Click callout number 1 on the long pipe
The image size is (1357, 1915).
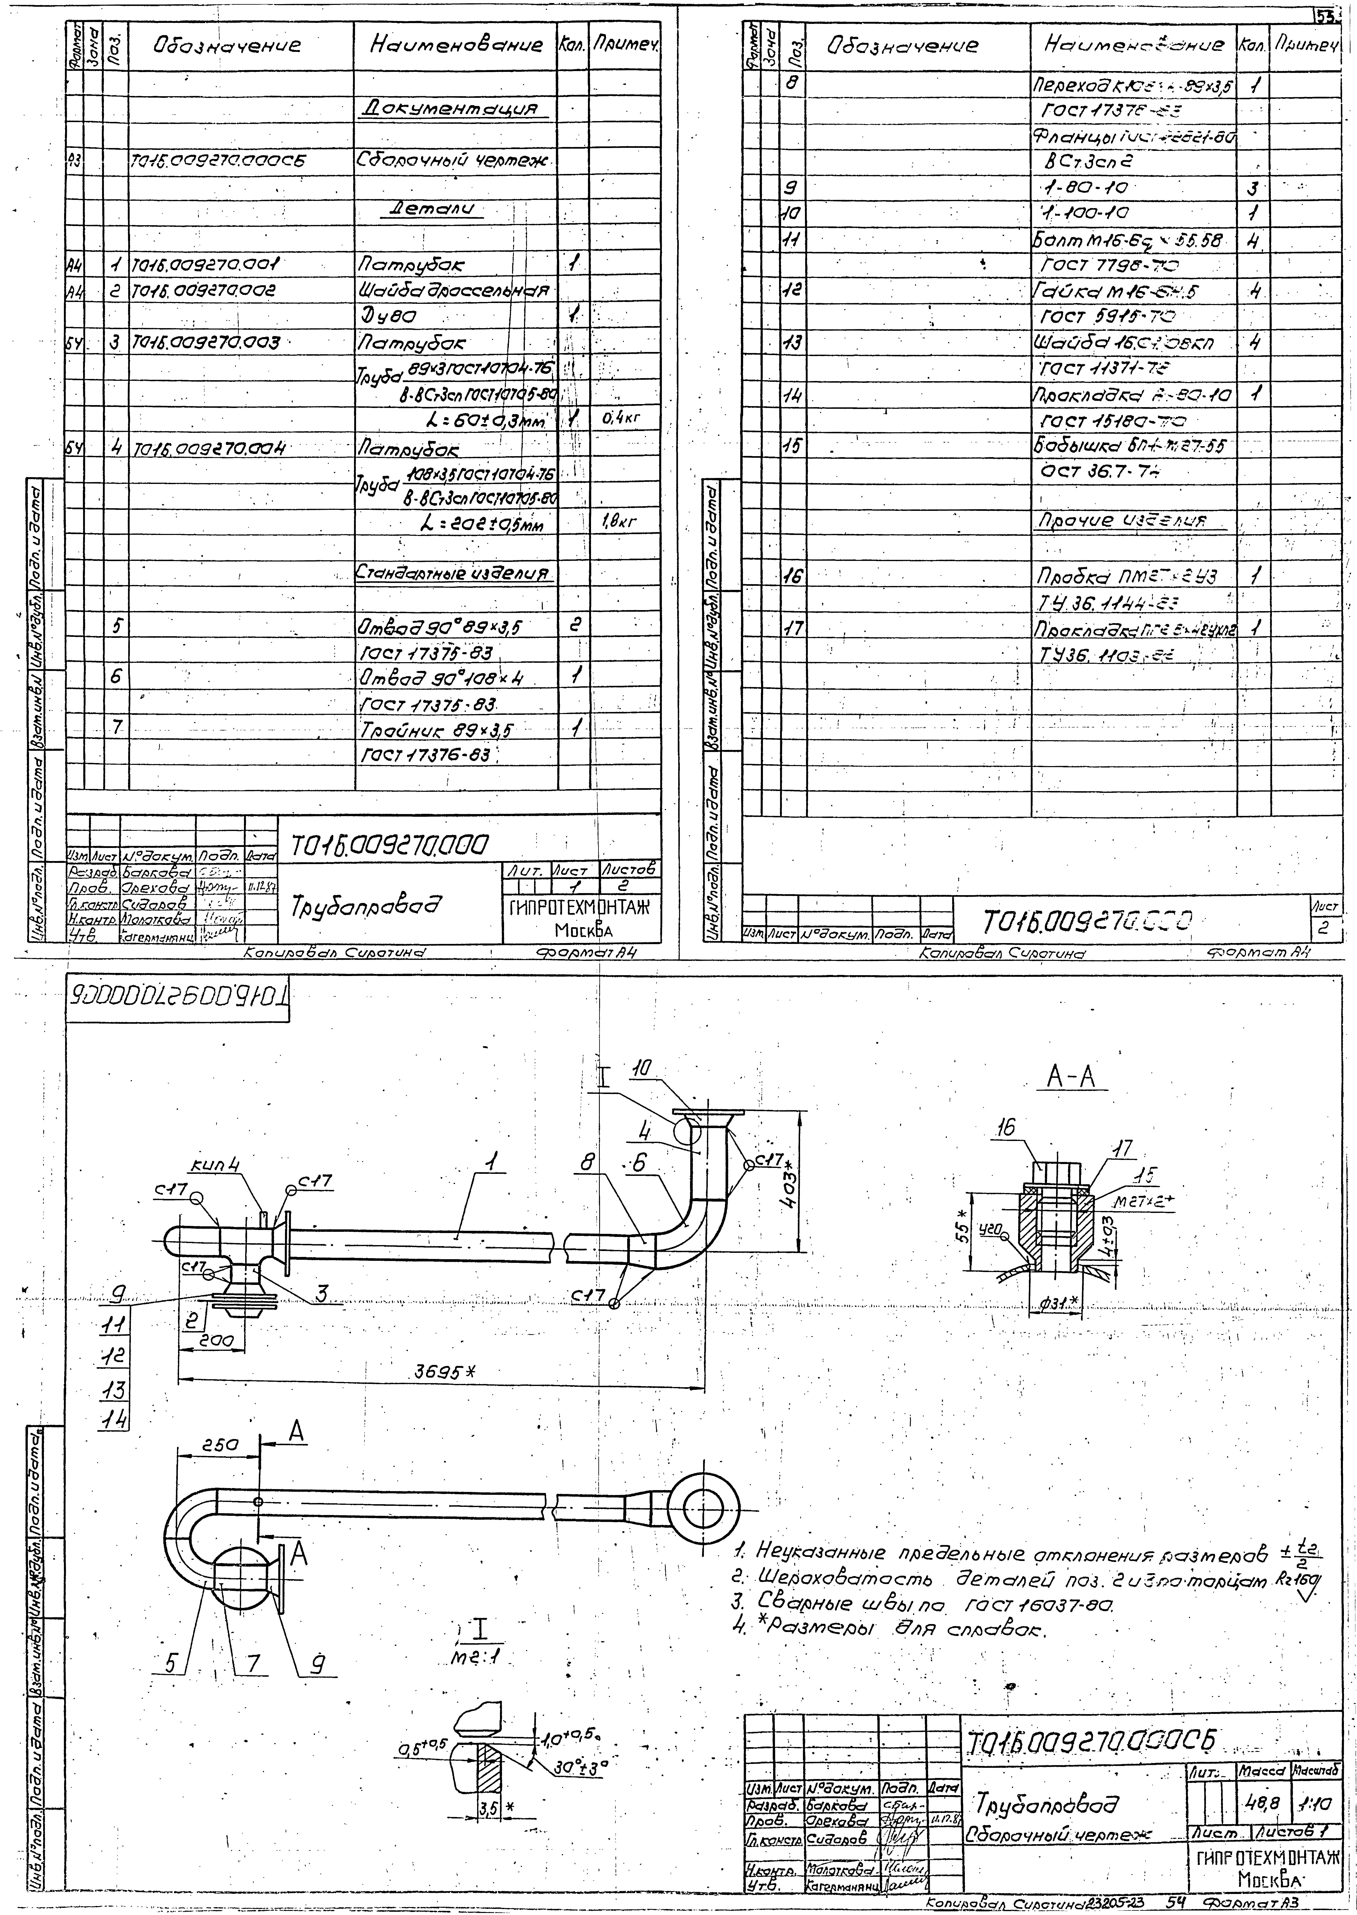pos(493,1161)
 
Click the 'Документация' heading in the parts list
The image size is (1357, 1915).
pos(455,109)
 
